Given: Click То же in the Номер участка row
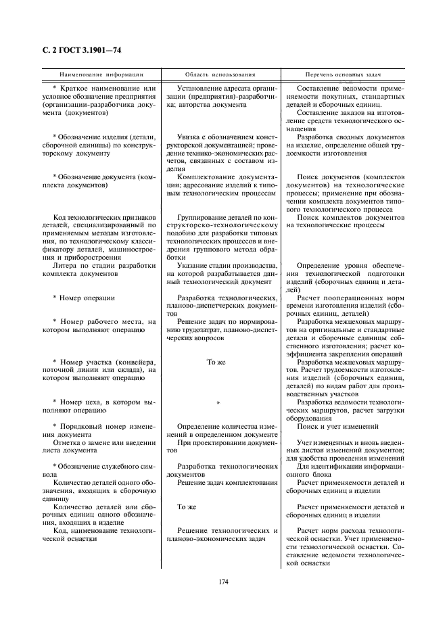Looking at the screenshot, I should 216,362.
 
